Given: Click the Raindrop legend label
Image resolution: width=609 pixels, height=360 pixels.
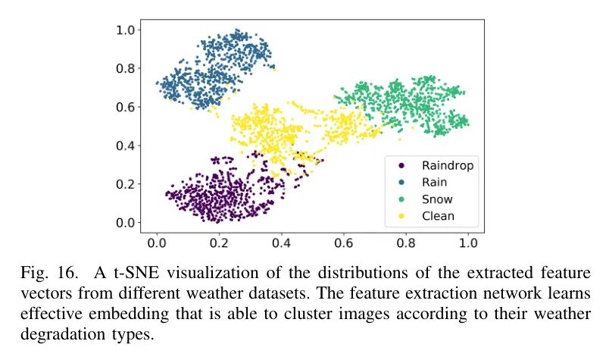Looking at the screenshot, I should (x=447, y=165).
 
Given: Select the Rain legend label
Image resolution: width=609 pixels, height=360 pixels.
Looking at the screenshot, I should (x=434, y=182).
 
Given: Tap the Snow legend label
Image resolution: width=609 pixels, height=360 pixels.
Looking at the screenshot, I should (x=437, y=199).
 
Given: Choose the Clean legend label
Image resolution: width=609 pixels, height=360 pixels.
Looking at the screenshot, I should (x=438, y=216).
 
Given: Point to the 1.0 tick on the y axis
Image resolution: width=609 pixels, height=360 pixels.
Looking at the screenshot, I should (x=128, y=30).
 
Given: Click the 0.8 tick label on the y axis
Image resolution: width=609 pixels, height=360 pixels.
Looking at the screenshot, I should (x=128, y=68).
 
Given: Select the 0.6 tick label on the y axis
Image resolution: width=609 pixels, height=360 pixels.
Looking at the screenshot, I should (x=128, y=107).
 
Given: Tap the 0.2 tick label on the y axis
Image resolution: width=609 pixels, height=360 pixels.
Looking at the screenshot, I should (x=128, y=184).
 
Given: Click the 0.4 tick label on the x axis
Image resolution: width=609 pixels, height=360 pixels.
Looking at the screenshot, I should (x=281, y=245).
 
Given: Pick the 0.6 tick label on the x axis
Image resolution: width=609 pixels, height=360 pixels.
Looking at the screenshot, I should (x=343, y=245).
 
